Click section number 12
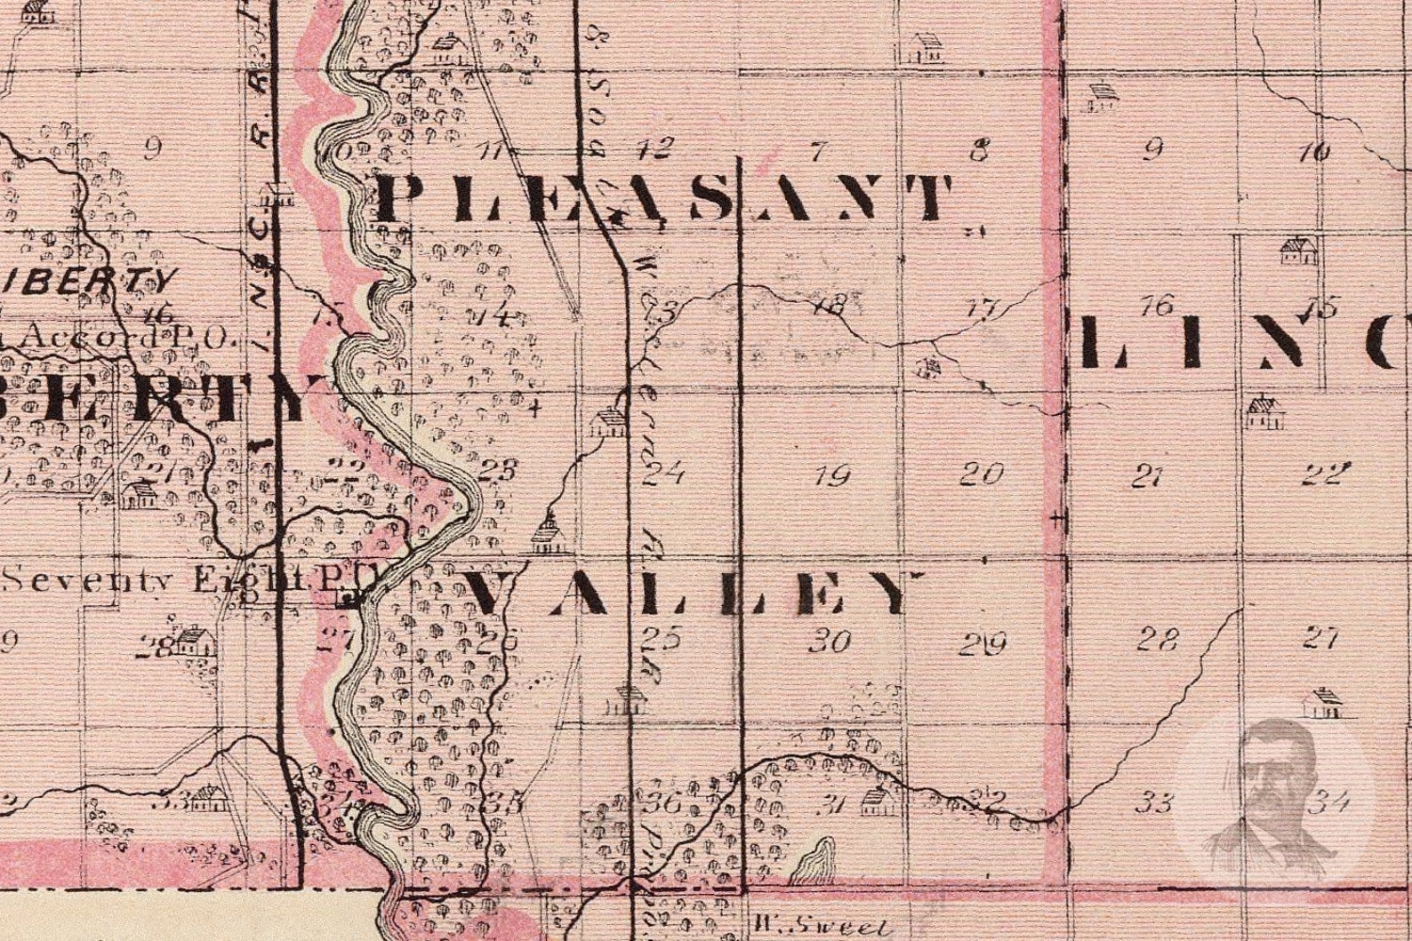point(662,148)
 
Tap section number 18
point(828,307)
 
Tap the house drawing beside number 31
point(876,803)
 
